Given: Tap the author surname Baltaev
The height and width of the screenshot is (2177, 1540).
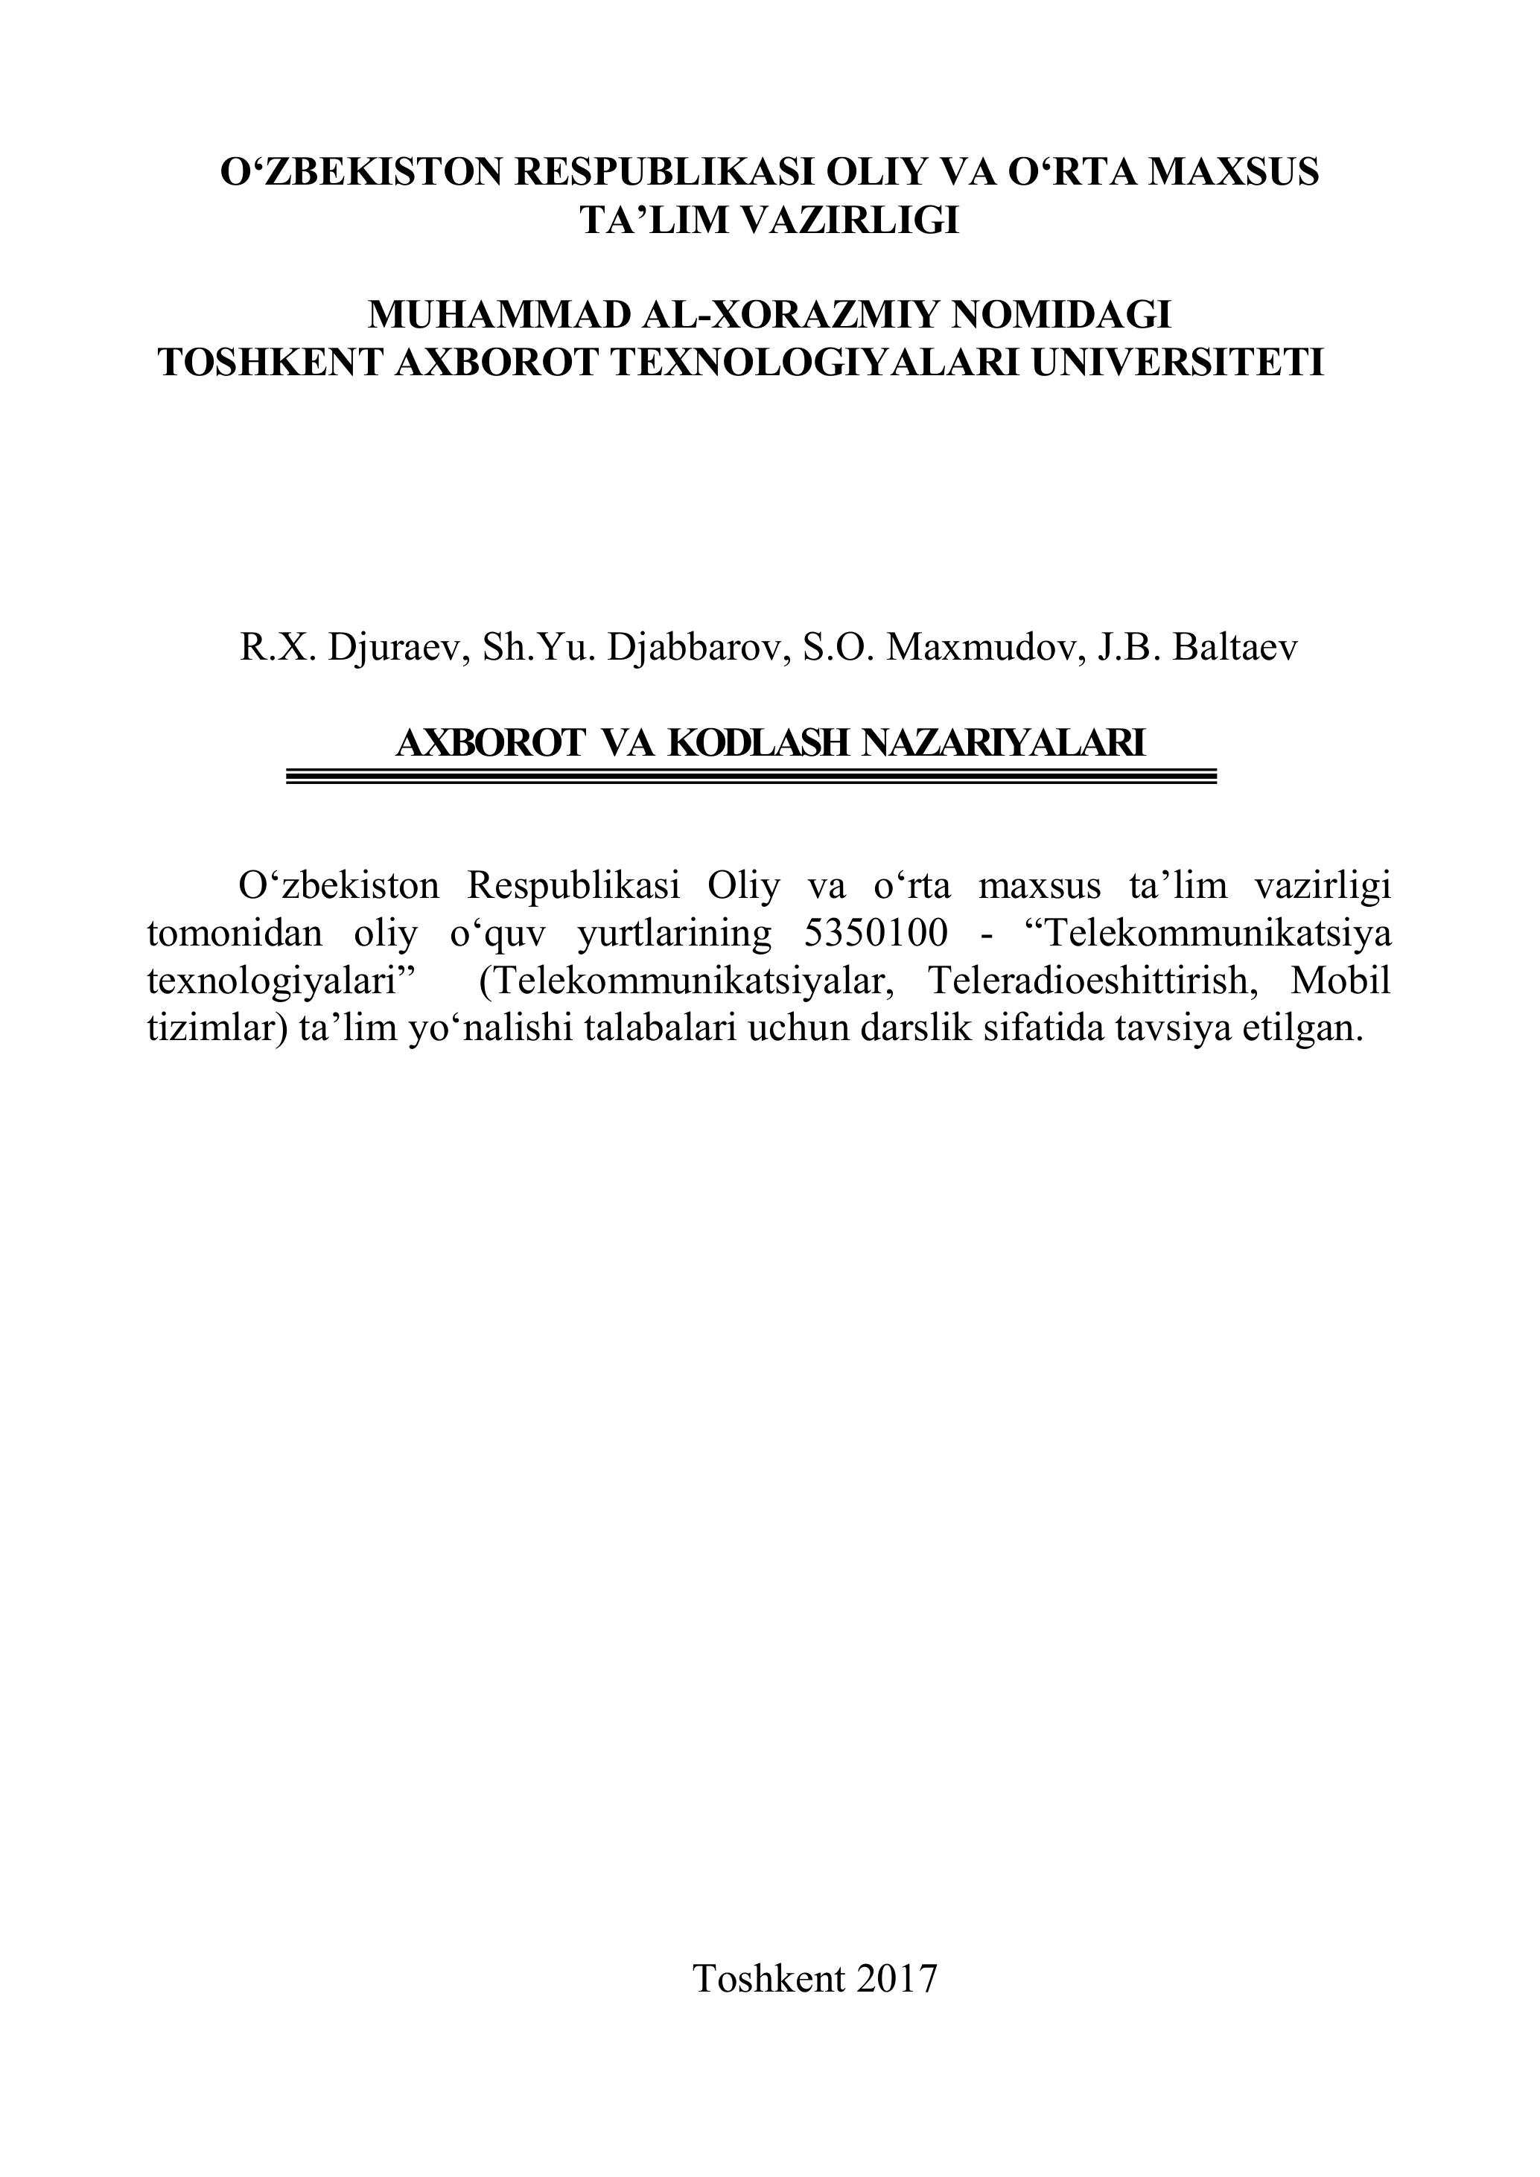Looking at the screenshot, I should [x=1235, y=647].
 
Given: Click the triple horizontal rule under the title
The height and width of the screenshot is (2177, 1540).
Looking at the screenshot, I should [x=751, y=777].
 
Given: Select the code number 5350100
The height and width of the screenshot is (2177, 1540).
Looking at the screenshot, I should [x=875, y=934].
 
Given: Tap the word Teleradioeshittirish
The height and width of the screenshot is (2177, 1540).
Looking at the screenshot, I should [x=1095, y=981].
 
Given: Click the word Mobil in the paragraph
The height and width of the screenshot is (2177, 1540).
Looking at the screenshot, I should [x=1340, y=981].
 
